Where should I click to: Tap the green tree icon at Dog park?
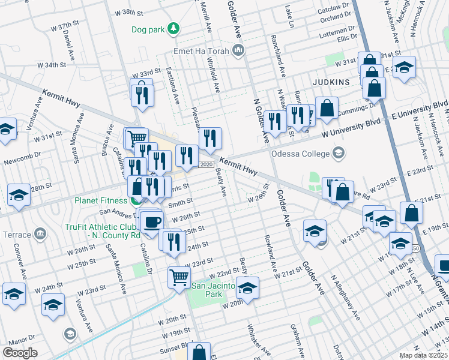click(x=173, y=28)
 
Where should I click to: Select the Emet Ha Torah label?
click(x=201, y=51)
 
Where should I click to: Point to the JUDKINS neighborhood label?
click(x=330, y=81)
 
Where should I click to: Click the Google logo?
click(x=20, y=353)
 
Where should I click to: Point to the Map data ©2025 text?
click(x=424, y=356)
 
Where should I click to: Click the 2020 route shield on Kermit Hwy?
click(x=206, y=164)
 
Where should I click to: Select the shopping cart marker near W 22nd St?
click(x=179, y=277)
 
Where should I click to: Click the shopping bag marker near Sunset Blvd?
click(x=199, y=352)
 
